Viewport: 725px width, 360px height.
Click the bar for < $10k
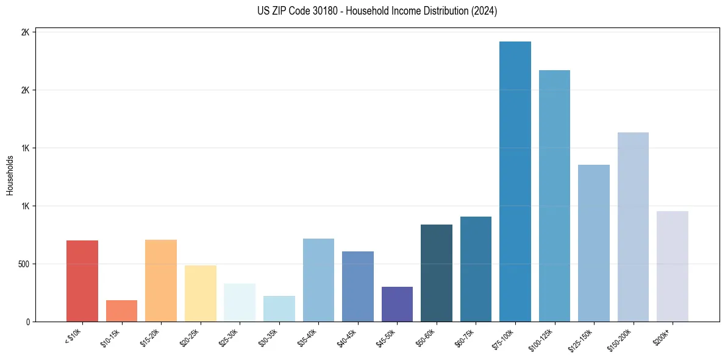coord(82,281)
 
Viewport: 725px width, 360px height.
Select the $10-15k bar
coord(121,311)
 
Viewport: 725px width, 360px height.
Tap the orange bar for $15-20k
coord(161,280)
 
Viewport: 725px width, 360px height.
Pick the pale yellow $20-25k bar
coord(200,293)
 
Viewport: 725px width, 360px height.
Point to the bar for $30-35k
coord(279,308)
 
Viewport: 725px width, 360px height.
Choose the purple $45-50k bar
coord(397,304)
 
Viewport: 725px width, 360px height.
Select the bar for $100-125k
coord(554,195)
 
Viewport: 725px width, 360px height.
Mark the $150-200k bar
coord(633,226)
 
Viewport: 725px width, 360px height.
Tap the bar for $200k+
coord(672,266)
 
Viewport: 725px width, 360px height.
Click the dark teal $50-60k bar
coord(436,273)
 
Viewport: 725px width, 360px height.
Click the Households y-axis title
coord(10,175)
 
